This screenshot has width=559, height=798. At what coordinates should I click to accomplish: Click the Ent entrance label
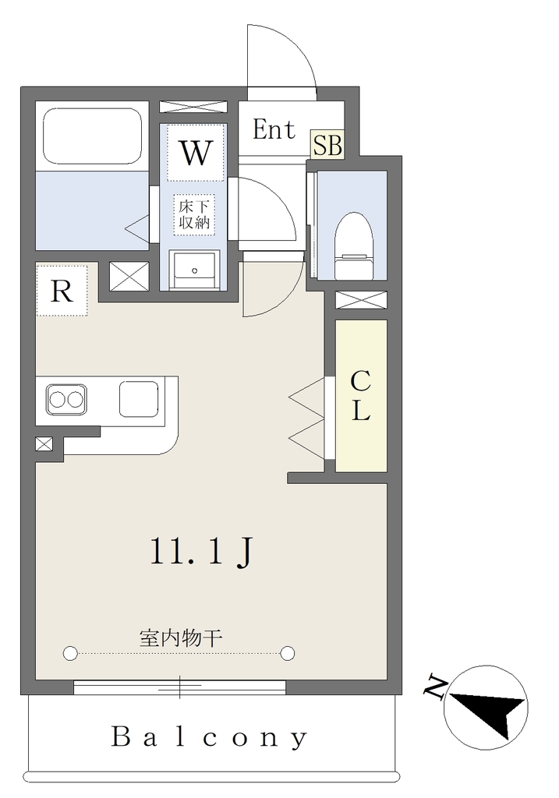274,129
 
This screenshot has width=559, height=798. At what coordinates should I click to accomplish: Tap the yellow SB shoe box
327,145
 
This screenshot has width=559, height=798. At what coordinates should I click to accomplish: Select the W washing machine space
196,152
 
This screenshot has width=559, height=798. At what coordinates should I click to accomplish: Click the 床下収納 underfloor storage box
194,214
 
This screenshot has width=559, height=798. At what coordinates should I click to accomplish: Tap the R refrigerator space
62,290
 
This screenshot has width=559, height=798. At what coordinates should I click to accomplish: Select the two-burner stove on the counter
66,400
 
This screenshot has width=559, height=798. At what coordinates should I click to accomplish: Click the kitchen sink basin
139,398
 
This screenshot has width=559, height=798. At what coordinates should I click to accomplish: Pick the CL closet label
360,396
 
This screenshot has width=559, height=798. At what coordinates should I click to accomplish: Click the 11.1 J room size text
201,553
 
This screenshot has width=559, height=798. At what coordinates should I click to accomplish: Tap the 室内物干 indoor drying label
181,637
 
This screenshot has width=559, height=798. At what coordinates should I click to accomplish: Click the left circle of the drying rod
69,652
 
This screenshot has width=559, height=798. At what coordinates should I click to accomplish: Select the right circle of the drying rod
288,652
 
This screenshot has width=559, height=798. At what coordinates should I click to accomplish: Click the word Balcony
209,737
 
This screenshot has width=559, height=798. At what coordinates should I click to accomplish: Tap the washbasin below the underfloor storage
194,270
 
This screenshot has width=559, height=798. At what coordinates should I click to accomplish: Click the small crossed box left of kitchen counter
44,444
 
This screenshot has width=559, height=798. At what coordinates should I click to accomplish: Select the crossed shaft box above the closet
361,300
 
